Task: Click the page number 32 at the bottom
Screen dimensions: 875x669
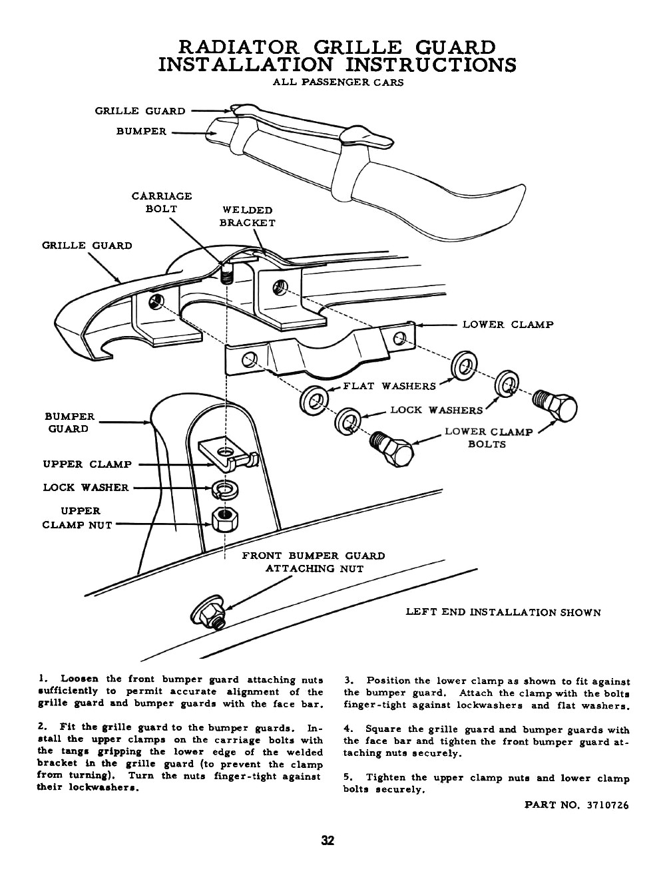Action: pos(328,840)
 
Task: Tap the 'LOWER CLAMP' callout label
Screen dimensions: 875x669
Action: pos(507,325)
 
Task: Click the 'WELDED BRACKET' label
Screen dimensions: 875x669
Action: pos(247,217)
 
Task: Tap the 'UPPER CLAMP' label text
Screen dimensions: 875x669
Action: pos(87,464)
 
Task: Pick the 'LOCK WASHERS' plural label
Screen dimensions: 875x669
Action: pos(437,411)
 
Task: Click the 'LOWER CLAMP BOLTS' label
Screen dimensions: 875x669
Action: pos(488,438)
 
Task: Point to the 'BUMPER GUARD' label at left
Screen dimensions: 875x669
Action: pos(69,423)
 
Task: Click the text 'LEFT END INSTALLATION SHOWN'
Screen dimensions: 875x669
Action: pos(503,613)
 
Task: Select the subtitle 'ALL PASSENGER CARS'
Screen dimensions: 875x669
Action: pos(338,83)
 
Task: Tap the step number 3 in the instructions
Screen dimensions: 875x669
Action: pos(347,681)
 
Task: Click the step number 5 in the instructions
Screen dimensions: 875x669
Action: pos(347,778)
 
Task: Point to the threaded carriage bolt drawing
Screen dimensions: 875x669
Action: pos(228,273)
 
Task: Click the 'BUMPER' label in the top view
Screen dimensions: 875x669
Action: pos(141,132)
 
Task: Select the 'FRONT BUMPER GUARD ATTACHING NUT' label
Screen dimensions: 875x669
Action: pos(314,562)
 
